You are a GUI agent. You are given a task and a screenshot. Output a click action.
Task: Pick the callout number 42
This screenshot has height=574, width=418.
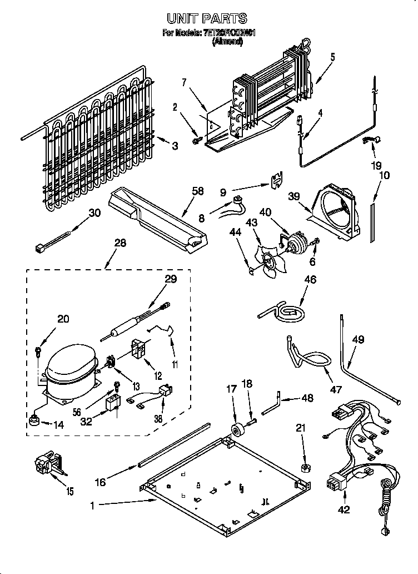pos(344,509)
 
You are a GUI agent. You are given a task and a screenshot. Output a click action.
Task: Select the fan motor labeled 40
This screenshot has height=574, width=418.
pos(294,243)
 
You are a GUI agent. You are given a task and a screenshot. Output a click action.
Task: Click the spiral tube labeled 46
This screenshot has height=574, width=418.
pos(285,311)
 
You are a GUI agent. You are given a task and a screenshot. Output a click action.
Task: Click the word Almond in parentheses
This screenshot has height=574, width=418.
pos(227,42)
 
